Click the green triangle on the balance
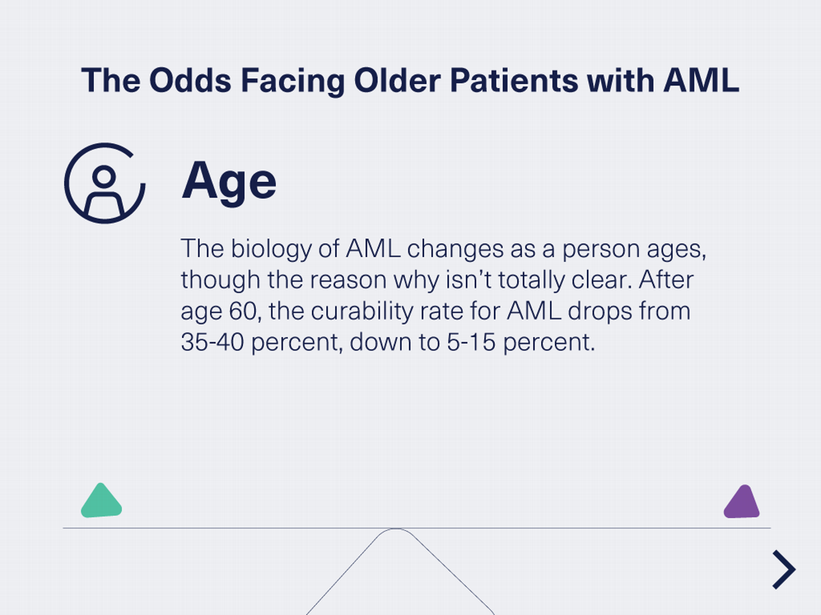point(101,503)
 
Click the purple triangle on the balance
point(742,504)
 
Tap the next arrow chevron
point(784,569)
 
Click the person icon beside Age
point(104,183)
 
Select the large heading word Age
point(229,182)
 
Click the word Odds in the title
point(180,81)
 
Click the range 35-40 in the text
point(212,342)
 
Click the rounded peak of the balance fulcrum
point(396,531)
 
